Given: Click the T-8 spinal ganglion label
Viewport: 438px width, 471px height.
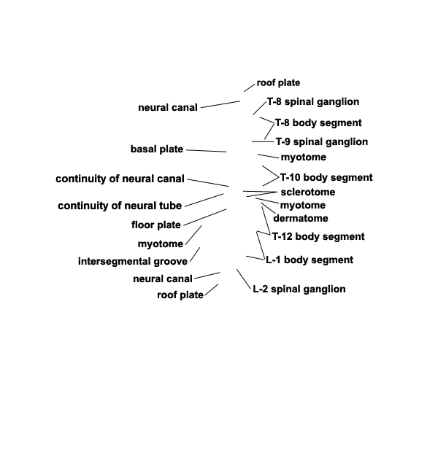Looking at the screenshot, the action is [313, 102].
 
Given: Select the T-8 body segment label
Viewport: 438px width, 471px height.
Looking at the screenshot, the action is [318, 123].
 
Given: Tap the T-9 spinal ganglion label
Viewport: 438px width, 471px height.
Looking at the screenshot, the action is [322, 141].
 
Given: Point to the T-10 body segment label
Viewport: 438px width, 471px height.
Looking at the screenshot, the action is [326, 177].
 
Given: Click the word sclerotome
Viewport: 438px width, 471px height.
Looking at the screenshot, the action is [308, 192].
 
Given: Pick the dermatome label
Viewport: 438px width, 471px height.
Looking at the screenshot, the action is [301, 219].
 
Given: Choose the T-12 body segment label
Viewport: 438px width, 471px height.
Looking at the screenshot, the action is [318, 237].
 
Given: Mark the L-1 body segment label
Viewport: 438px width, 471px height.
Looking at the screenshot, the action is [310, 260].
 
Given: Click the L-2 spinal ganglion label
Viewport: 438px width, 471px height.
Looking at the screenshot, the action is [299, 289].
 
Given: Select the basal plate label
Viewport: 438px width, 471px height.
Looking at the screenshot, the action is [157, 149].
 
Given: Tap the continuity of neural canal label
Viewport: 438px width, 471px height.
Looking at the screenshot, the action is [120, 179].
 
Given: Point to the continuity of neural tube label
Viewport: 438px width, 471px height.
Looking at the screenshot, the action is [120, 206].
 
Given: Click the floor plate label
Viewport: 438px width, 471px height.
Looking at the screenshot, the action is [155, 225].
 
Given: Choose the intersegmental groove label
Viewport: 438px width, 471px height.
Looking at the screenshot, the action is [133, 261].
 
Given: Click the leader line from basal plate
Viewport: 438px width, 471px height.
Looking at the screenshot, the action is [207, 151].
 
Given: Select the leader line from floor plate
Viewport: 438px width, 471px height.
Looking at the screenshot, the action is [205, 217].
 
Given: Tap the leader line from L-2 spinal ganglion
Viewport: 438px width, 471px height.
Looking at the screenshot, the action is [243, 279].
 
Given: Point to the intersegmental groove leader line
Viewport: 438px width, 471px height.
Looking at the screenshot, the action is [195, 254].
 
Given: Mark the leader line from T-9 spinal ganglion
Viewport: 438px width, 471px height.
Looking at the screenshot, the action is [263, 141].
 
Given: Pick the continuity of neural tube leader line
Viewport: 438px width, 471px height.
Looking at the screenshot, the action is [204, 200].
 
